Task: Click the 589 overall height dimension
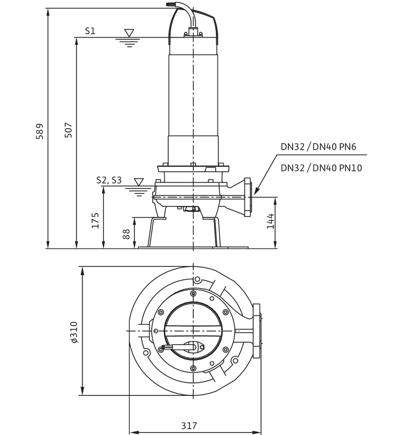pos(40,131)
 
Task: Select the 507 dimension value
pos(68,130)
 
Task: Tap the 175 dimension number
pos(95,220)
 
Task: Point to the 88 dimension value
pos(126,234)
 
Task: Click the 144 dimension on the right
pos(271,221)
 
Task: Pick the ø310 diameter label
pos(74,333)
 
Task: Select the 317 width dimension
pos(189,425)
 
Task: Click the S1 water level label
pos(90,31)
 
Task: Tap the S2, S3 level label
pos(109,180)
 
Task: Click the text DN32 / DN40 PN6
pos(318,146)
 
